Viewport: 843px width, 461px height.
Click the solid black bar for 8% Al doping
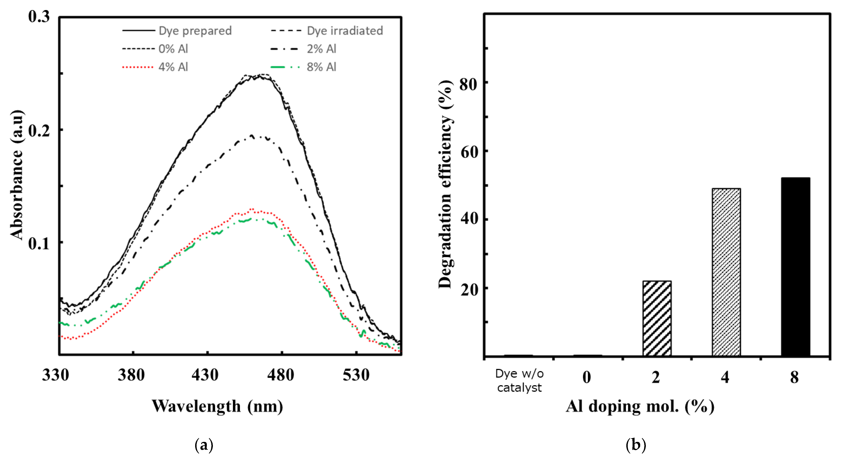[795, 266]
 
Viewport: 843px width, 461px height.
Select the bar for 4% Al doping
[726, 272]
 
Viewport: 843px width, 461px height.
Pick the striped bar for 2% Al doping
[657, 318]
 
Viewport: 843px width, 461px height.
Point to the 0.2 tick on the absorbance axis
[39, 130]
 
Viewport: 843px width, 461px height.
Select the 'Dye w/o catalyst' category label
[519, 381]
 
